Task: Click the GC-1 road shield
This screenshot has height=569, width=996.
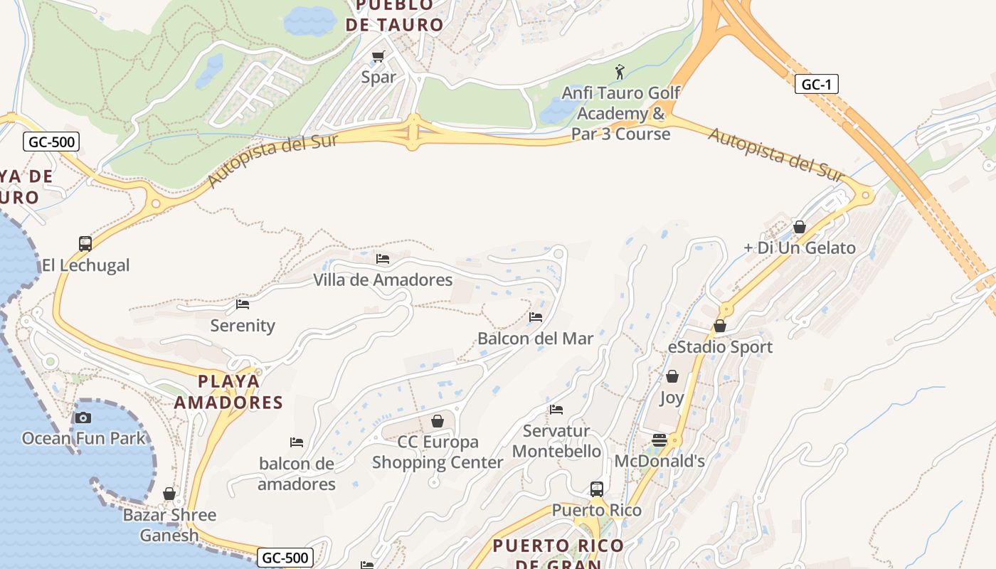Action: pyautogui.click(x=816, y=85)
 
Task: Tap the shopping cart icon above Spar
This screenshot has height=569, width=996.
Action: pyautogui.click(x=378, y=56)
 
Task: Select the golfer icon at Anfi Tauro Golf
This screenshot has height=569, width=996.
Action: pyautogui.click(x=620, y=72)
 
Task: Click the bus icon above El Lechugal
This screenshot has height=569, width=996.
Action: pyautogui.click(x=85, y=244)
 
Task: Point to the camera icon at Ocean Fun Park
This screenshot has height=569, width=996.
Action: pyautogui.click(x=83, y=418)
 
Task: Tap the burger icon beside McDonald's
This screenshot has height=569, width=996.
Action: pyautogui.click(x=659, y=440)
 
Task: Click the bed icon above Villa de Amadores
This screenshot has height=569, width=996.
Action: pyautogui.click(x=383, y=259)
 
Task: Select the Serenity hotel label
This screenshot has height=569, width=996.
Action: pyautogui.click(x=243, y=326)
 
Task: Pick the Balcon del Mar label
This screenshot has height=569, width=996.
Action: pyautogui.click(x=535, y=339)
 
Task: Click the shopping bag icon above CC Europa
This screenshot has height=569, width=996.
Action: pyautogui.click(x=438, y=421)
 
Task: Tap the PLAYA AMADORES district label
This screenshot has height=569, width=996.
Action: pyautogui.click(x=228, y=392)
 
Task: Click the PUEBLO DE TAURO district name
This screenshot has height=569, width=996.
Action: pyautogui.click(x=394, y=15)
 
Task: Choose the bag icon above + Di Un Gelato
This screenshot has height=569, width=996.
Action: pyautogui.click(x=800, y=227)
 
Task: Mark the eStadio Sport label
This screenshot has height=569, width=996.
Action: pyautogui.click(x=720, y=347)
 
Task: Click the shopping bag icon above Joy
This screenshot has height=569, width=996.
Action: pyautogui.click(x=672, y=376)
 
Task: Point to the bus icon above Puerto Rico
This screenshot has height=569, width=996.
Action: pyautogui.click(x=597, y=489)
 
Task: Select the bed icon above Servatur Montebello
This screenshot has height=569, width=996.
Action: pyautogui.click(x=556, y=410)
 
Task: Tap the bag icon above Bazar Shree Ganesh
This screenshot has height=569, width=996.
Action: pyautogui.click(x=169, y=494)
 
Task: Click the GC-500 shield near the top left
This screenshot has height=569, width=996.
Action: pyautogui.click(x=51, y=142)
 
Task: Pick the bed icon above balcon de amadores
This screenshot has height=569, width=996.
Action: pyautogui.click(x=297, y=442)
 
